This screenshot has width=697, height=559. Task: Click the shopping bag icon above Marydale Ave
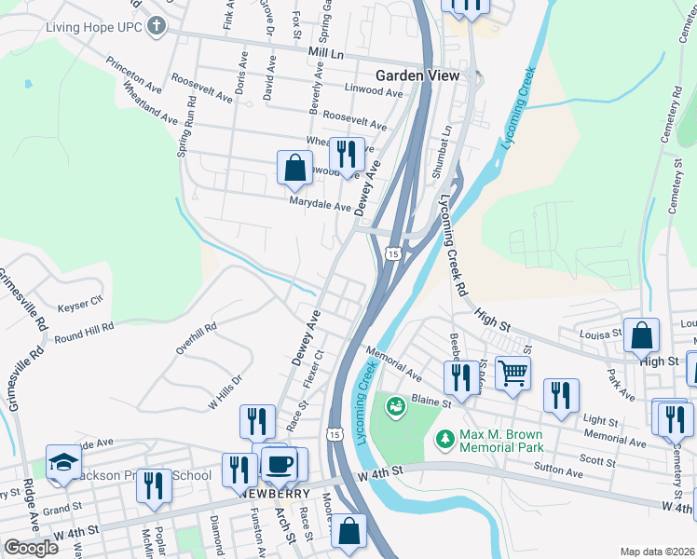[x=294, y=168]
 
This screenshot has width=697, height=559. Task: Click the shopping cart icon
[x=512, y=373]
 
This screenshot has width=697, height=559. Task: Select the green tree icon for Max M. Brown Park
[x=446, y=437]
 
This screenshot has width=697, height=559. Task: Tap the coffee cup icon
[x=279, y=463]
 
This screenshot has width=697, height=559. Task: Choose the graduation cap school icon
[x=63, y=462]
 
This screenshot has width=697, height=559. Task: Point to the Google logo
[x=31, y=548]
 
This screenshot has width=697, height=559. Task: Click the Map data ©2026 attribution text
[x=656, y=552]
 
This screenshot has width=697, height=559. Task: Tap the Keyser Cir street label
[x=79, y=305]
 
